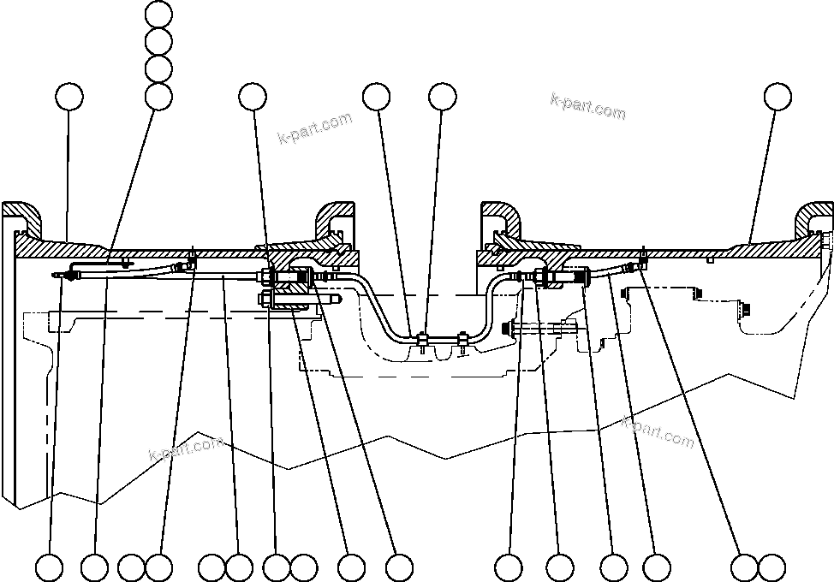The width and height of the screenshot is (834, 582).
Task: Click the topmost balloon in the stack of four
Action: coord(159,14)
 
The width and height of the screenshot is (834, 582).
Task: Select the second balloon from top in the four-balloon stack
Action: coord(159,41)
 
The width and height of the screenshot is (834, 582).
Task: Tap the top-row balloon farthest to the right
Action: coord(778,96)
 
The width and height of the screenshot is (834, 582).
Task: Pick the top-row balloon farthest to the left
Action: coord(69,96)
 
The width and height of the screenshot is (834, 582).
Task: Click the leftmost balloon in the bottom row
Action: coord(50,567)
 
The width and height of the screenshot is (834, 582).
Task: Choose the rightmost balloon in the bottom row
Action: coord(771,567)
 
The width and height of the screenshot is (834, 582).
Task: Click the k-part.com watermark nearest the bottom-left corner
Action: coord(186,447)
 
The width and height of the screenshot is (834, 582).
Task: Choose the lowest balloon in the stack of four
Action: coord(159,96)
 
